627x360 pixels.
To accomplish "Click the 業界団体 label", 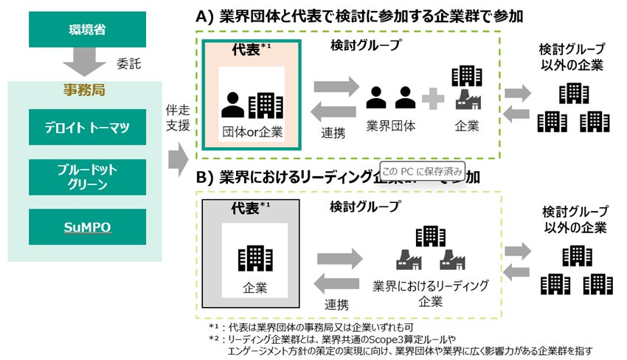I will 390,126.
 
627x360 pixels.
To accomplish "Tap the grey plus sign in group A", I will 433,97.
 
